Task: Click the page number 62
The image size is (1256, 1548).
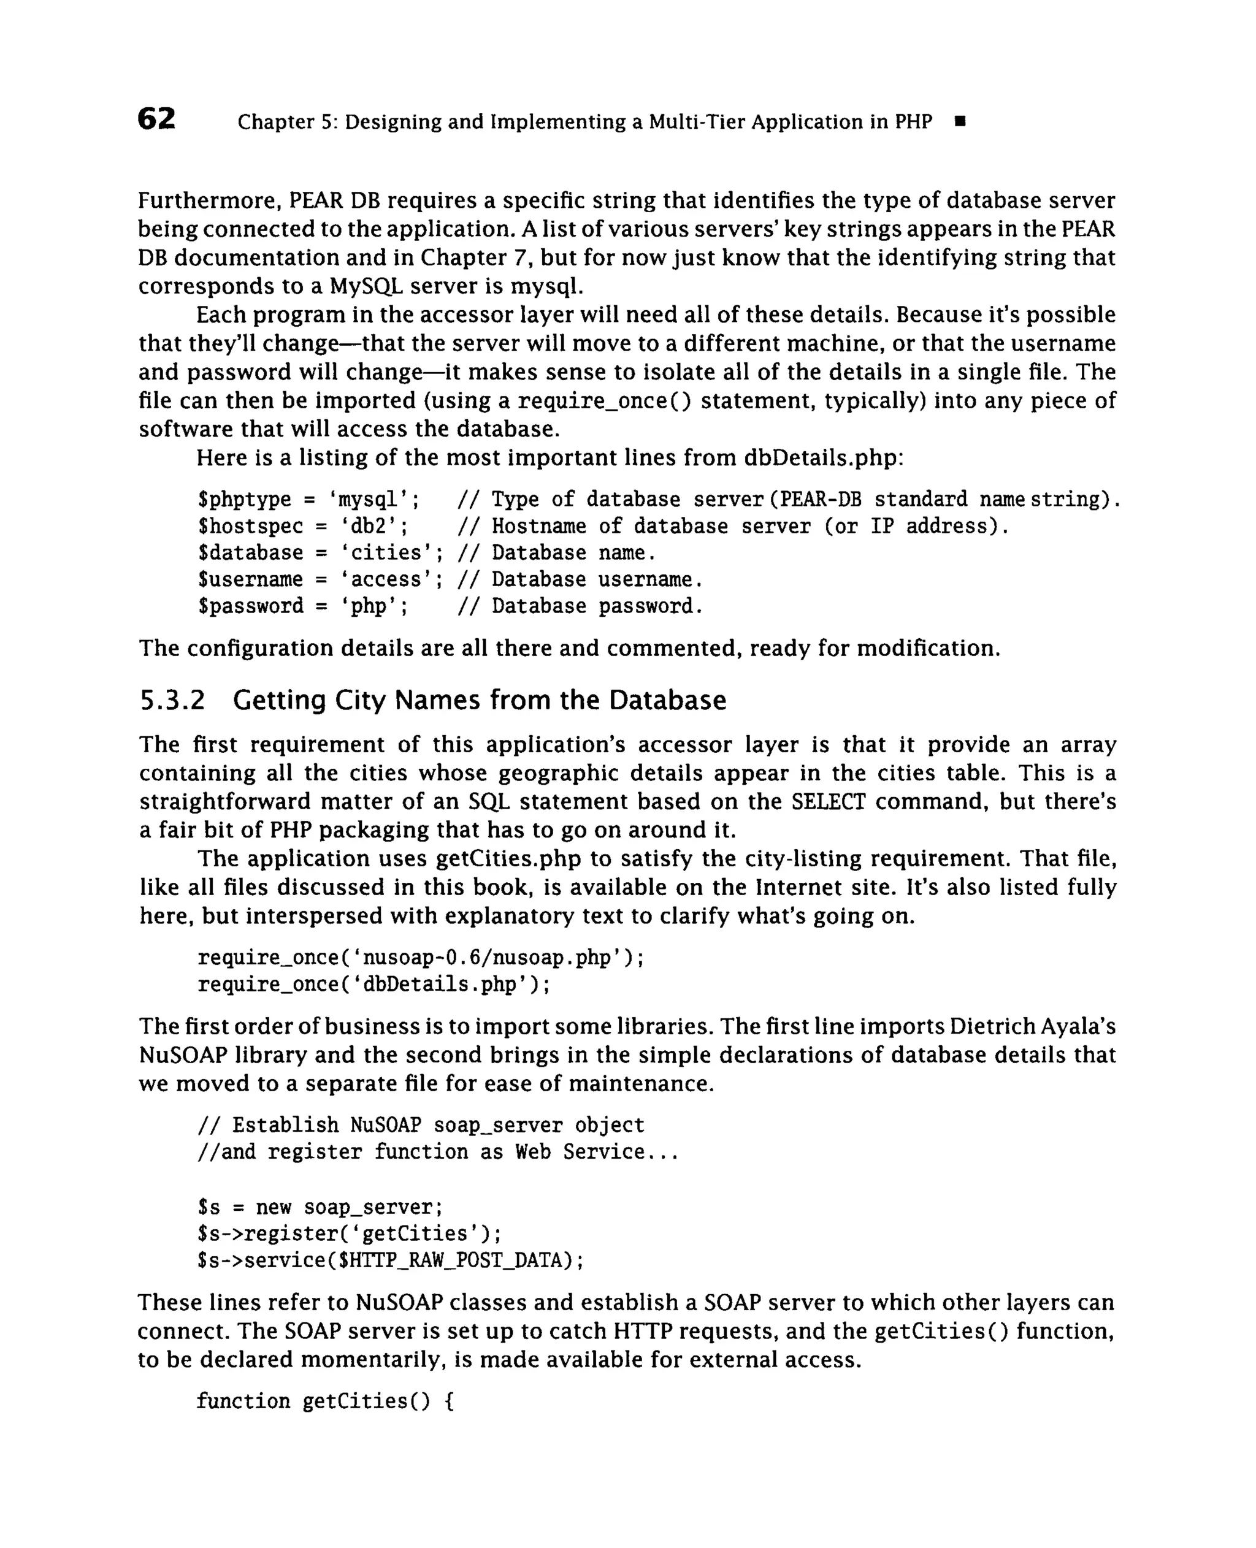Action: click(x=156, y=119)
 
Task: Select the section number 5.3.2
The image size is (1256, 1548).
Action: click(x=172, y=700)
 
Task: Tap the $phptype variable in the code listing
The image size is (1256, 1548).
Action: click(x=244, y=499)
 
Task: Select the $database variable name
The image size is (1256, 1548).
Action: click(x=250, y=552)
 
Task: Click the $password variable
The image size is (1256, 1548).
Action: click(x=250, y=606)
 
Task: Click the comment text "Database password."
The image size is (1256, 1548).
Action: click(x=597, y=606)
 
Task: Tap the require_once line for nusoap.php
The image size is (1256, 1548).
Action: click(x=420, y=958)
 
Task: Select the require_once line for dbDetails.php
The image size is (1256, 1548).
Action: click(x=373, y=985)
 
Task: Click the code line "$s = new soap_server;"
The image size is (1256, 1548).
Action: click(x=320, y=1207)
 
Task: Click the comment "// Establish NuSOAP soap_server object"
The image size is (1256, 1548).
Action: click(x=420, y=1126)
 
